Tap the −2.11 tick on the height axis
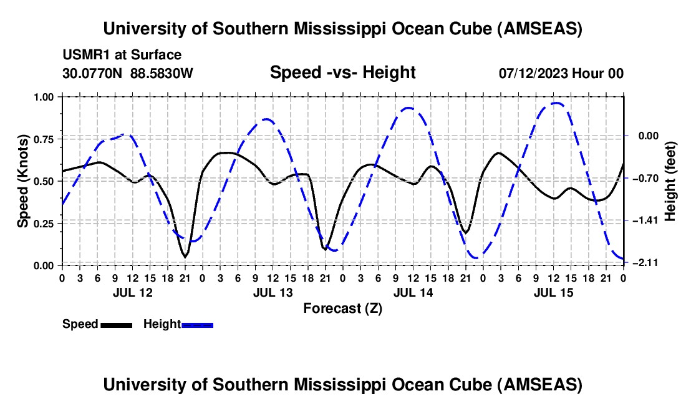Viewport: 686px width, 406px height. coord(643,262)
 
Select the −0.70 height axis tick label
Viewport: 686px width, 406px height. coord(643,178)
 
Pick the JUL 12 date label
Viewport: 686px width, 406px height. coord(132,292)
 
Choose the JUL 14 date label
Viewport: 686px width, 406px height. coord(412,292)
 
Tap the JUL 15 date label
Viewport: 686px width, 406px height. coord(553,292)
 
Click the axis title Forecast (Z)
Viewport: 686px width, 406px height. coord(342,308)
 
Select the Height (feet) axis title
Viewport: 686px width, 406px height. coord(670,181)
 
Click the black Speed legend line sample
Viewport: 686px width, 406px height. coord(117,324)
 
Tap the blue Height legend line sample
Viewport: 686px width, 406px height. coord(197,324)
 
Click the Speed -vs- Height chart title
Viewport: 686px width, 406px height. coord(342,72)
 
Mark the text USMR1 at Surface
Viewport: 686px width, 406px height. coord(122,56)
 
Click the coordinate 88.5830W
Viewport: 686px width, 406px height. coord(162,73)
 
